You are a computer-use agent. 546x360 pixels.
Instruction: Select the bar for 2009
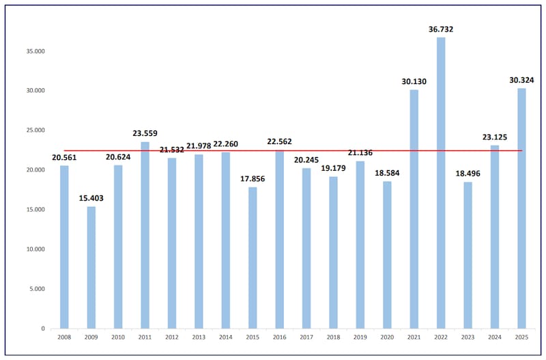[91, 267]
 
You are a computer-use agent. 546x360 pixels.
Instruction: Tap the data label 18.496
[468, 174]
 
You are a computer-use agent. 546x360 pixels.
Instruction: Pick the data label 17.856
[253, 179]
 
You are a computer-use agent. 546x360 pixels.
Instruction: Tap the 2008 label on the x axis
[64, 338]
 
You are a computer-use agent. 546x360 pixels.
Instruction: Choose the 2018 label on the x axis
[333, 338]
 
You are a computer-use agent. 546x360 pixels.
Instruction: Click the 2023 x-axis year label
[468, 338]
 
